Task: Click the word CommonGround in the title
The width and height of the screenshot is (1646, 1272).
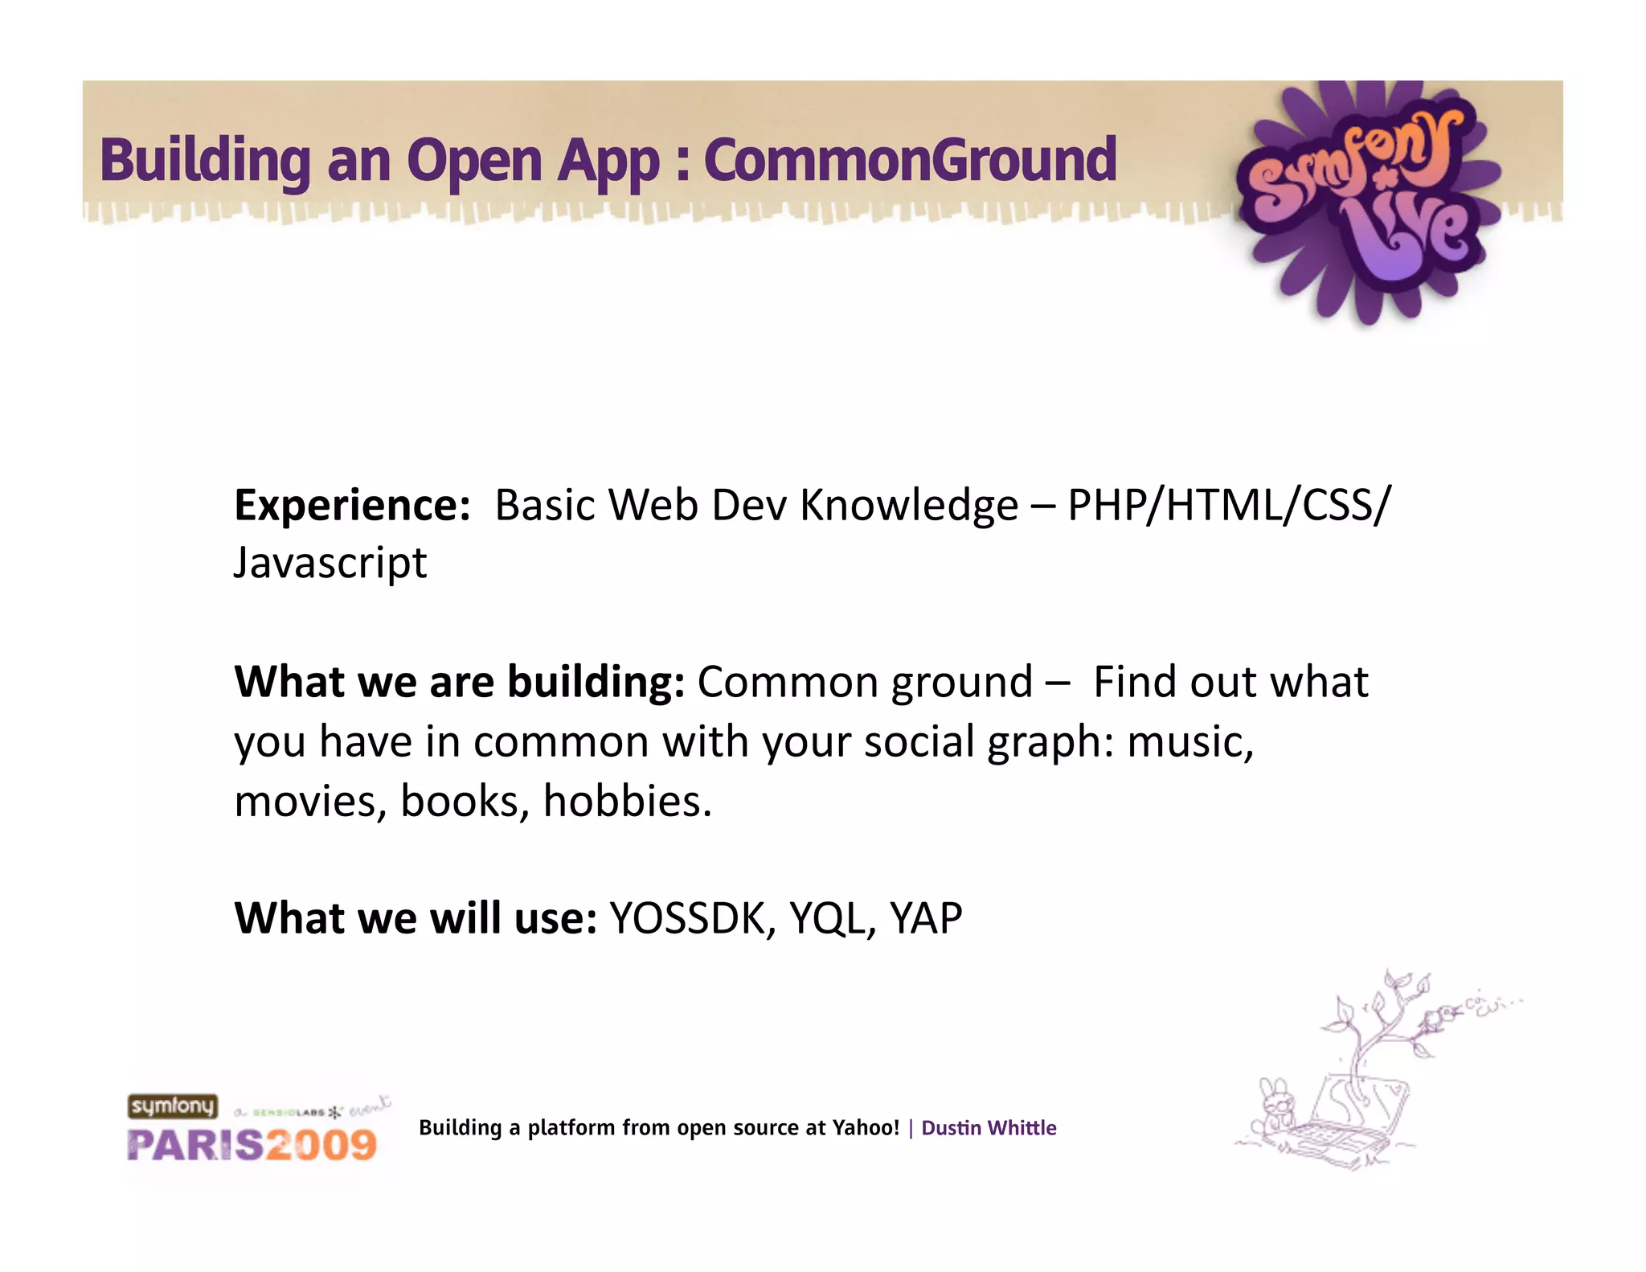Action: point(910,160)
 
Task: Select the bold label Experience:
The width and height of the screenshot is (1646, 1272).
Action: point(352,506)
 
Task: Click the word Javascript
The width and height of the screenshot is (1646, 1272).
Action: point(330,563)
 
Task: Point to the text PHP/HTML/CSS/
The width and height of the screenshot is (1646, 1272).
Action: point(1228,506)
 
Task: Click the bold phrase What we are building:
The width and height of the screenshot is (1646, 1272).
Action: point(459,682)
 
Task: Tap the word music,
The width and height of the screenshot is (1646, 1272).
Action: point(1189,741)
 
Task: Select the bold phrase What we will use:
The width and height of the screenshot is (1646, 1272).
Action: point(416,918)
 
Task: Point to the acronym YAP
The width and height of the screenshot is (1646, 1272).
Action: point(926,918)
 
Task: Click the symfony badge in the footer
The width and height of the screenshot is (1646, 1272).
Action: point(173,1106)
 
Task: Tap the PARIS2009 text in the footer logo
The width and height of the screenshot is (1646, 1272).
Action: point(252,1145)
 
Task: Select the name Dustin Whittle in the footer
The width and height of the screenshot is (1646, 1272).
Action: point(989,1128)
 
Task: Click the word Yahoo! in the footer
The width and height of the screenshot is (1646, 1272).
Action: point(866,1128)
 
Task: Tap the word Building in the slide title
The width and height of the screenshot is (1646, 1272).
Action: point(205,160)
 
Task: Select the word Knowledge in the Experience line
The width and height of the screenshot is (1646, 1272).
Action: point(909,506)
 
